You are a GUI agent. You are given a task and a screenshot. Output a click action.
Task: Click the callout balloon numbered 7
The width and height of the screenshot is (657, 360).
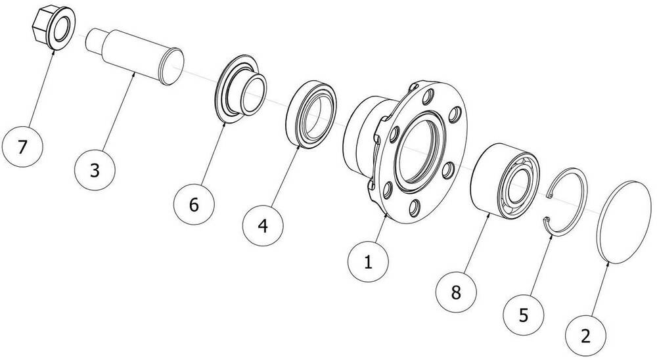(23, 147)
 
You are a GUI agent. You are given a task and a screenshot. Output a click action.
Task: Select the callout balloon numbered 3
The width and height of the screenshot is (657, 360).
(95, 169)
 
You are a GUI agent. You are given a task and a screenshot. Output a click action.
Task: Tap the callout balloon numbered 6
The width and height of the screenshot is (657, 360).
(194, 204)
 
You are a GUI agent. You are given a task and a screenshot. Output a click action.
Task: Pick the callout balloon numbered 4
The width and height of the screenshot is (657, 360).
(263, 227)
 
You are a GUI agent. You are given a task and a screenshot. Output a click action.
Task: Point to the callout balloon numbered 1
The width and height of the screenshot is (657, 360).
(368, 263)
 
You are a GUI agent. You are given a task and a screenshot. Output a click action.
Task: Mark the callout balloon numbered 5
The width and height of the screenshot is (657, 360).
(524, 314)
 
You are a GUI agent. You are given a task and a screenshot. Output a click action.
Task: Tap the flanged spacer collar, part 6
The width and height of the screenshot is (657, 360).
(242, 92)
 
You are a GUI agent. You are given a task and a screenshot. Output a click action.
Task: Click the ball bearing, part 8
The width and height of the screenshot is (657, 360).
(506, 180)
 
